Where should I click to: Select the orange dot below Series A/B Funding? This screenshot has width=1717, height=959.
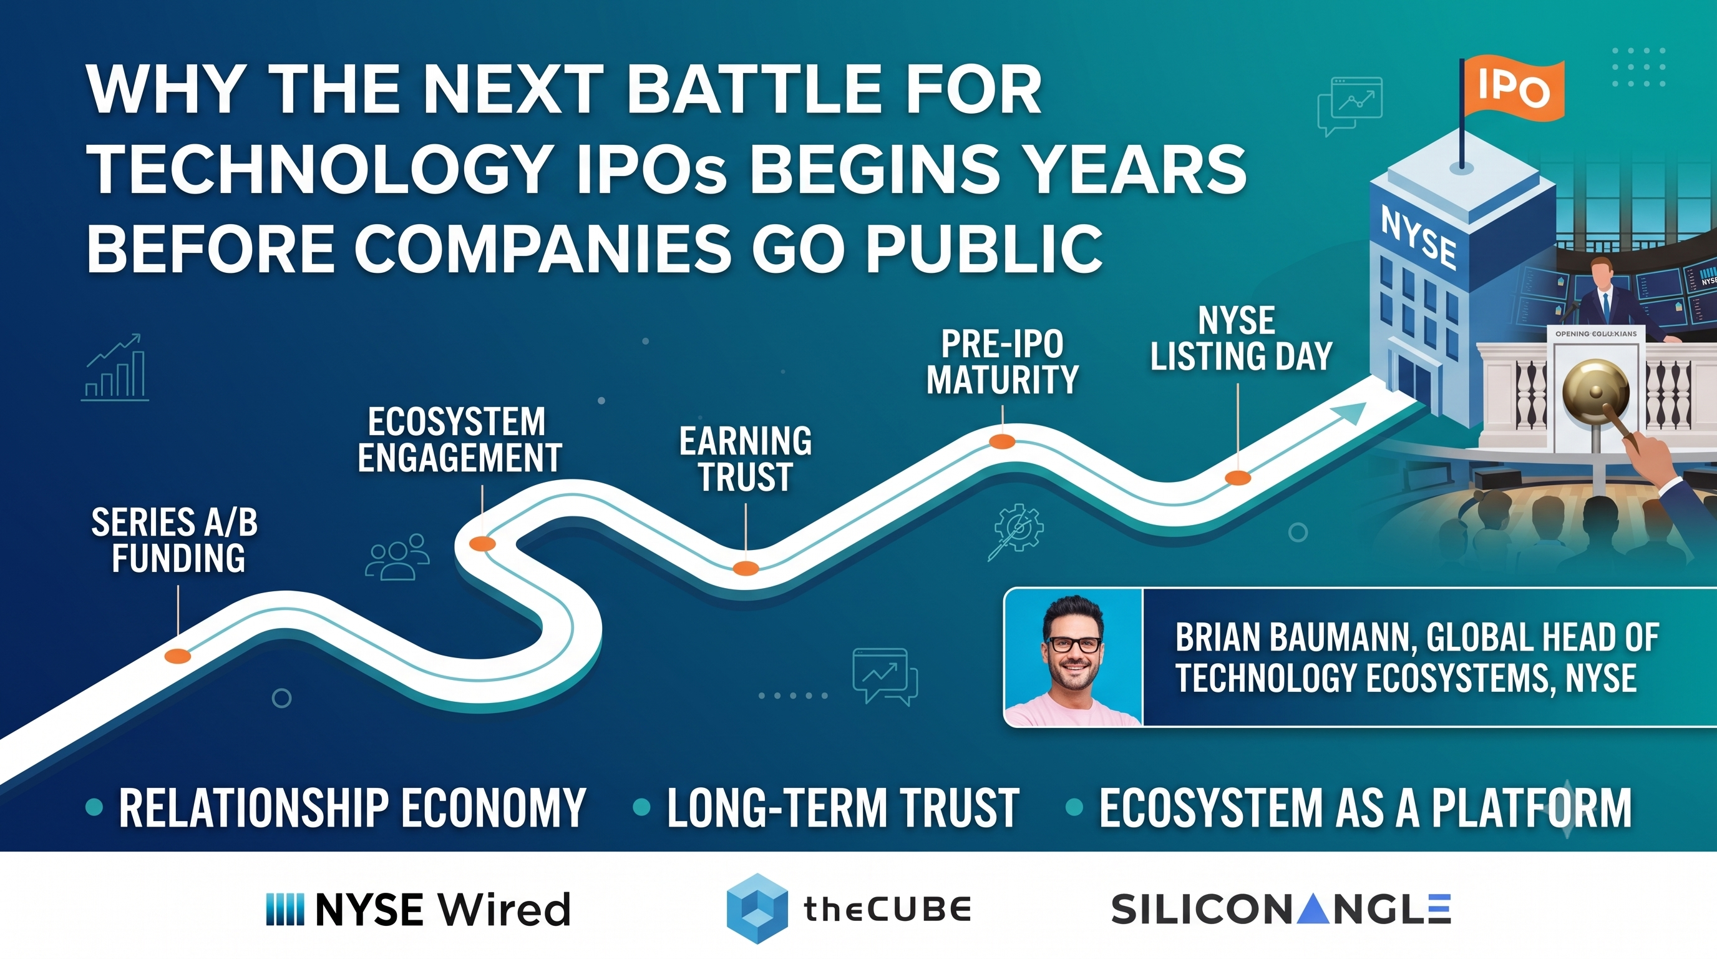177,656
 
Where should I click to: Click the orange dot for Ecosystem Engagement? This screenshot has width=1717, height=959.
482,544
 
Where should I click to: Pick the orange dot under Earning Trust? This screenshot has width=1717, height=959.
746,568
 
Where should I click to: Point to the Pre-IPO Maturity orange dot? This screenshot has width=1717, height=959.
1002,441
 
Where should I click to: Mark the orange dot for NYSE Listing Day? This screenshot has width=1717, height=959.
1238,478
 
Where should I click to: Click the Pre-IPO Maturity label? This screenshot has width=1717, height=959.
1002,362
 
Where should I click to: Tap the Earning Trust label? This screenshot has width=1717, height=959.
745,459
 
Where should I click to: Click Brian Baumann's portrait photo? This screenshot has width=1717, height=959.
1073,657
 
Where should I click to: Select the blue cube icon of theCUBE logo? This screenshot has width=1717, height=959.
757,908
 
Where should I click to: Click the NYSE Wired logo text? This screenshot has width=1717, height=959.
418,908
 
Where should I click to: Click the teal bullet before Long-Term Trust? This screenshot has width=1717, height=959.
641,807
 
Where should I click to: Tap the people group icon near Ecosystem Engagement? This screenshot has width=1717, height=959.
397,556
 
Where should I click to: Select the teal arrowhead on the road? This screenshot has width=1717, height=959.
1347,413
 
